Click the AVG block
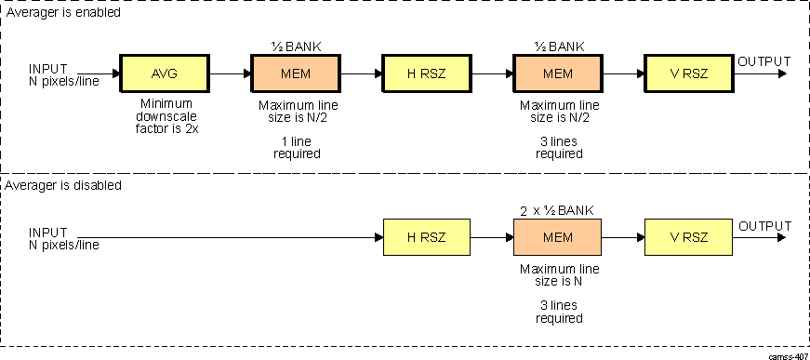click(164, 73)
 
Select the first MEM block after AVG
click(295, 73)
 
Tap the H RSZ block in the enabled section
click(426, 73)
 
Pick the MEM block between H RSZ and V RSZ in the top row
click(557, 73)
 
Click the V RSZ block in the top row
click(688, 73)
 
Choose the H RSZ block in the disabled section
click(427, 237)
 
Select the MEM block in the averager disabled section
click(557, 237)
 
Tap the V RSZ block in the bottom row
click(688, 237)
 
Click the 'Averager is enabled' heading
click(63, 14)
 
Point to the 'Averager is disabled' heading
click(65, 185)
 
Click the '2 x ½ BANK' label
click(557, 209)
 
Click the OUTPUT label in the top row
click(764, 62)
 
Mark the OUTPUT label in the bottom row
click(764, 226)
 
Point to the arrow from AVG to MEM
click(229, 73)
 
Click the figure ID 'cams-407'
click(787, 354)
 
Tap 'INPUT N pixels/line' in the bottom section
click(63, 238)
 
